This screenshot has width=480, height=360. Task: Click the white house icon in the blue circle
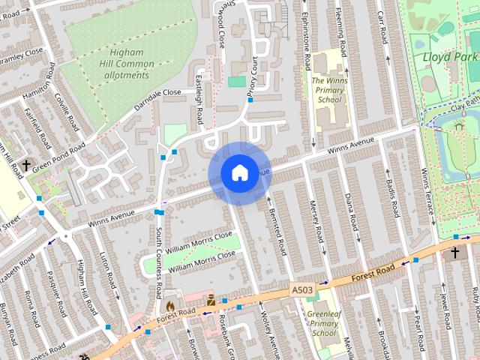click(239, 173)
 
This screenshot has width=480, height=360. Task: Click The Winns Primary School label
click(329, 89)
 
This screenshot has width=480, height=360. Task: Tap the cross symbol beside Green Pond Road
click(26, 165)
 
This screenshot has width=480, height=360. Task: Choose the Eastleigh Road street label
click(199, 102)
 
